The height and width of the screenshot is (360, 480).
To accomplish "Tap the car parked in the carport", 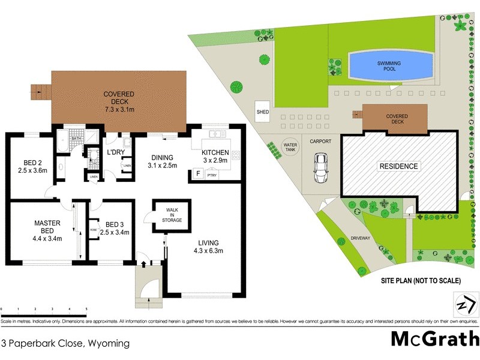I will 322,169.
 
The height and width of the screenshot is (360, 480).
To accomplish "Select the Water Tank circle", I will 290,148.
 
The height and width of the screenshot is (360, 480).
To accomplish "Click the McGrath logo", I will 434,339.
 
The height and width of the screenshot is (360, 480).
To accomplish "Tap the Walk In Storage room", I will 171,215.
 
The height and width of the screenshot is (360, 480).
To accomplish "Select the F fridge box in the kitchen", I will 197,174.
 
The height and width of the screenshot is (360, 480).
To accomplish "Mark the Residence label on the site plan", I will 398,166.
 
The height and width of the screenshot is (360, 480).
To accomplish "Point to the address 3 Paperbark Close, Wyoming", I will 65,344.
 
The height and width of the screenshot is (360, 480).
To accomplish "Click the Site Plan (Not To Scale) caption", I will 421,280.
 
